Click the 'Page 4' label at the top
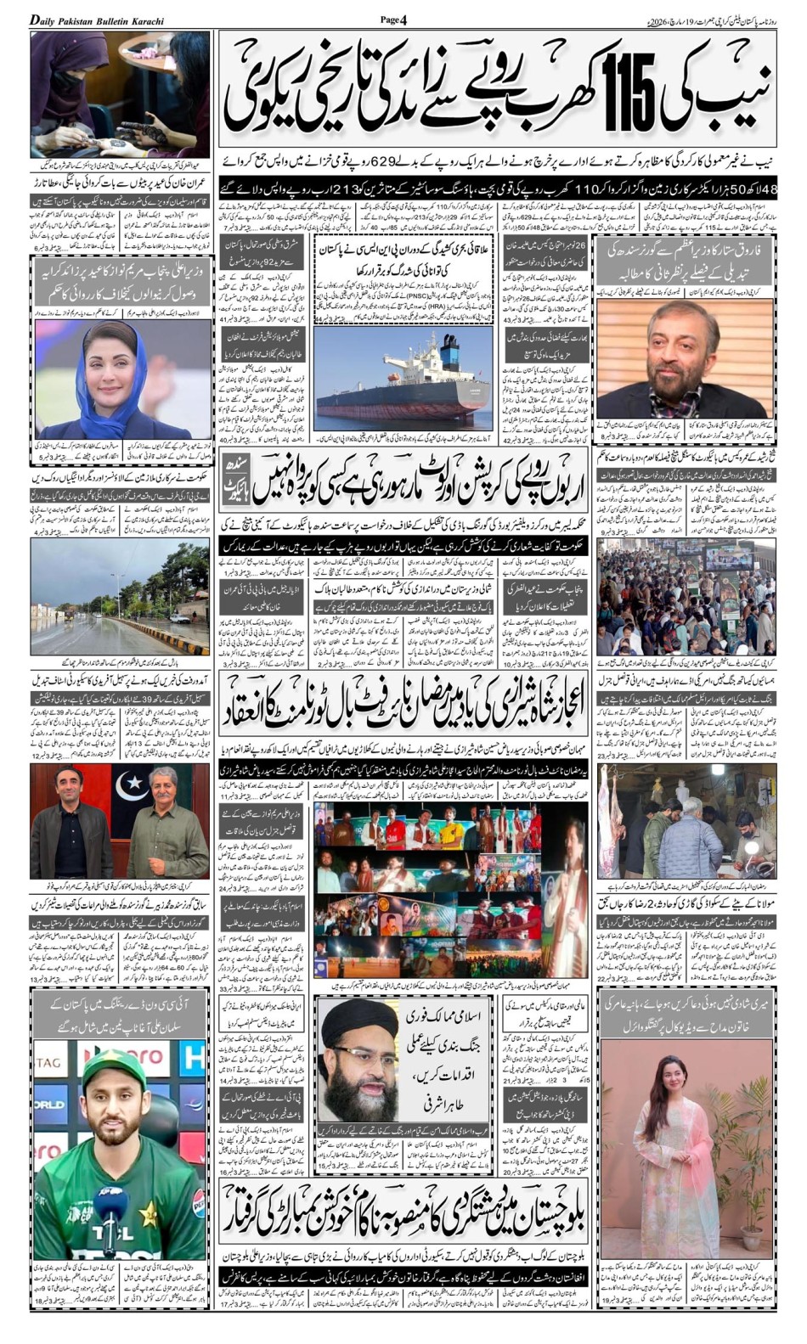393,20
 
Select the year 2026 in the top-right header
657,20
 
